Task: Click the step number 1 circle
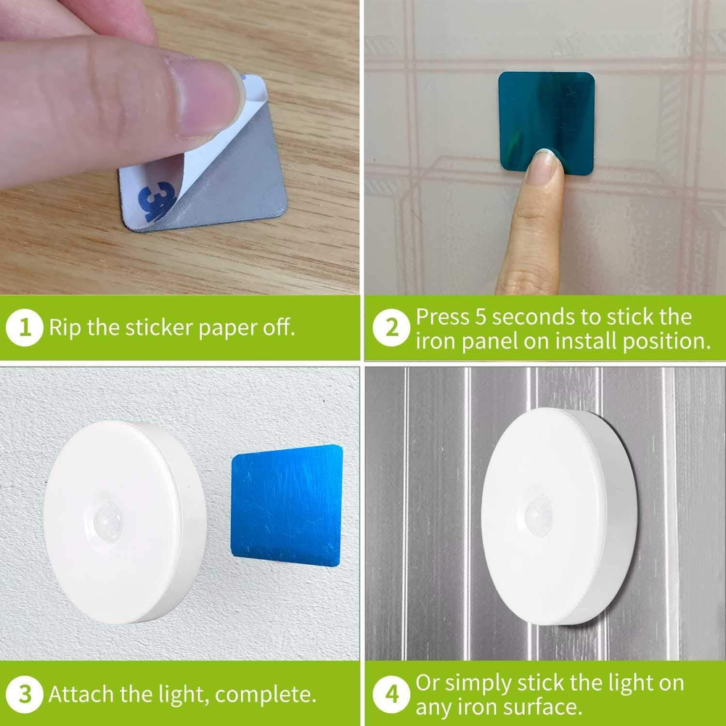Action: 25,327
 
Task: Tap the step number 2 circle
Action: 391,327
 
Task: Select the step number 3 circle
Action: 25,695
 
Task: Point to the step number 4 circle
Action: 391,695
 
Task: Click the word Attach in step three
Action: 81,694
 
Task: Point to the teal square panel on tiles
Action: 547,123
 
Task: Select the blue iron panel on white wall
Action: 287,505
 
